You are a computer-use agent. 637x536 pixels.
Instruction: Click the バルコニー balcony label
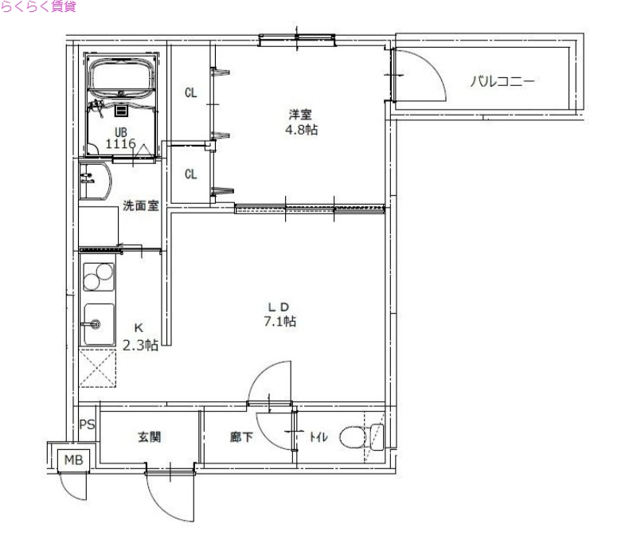coord(502,80)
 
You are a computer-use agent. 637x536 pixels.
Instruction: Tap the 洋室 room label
coord(300,114)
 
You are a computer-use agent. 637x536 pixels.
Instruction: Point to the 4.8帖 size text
coord(301,130)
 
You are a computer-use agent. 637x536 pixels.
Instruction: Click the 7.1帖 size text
coord(280,322)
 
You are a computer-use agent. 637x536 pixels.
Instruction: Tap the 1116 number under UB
coord(121,144)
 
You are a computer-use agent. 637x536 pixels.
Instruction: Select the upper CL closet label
coord(191,93)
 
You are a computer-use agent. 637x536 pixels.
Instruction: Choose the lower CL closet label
coord(191,174)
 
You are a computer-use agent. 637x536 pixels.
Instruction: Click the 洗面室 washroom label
coord(140,205)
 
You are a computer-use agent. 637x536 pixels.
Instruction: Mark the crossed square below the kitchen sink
coord(99,370)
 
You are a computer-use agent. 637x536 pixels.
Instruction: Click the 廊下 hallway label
coord(242,437)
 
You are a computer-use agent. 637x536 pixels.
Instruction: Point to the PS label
coord(88,424)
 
